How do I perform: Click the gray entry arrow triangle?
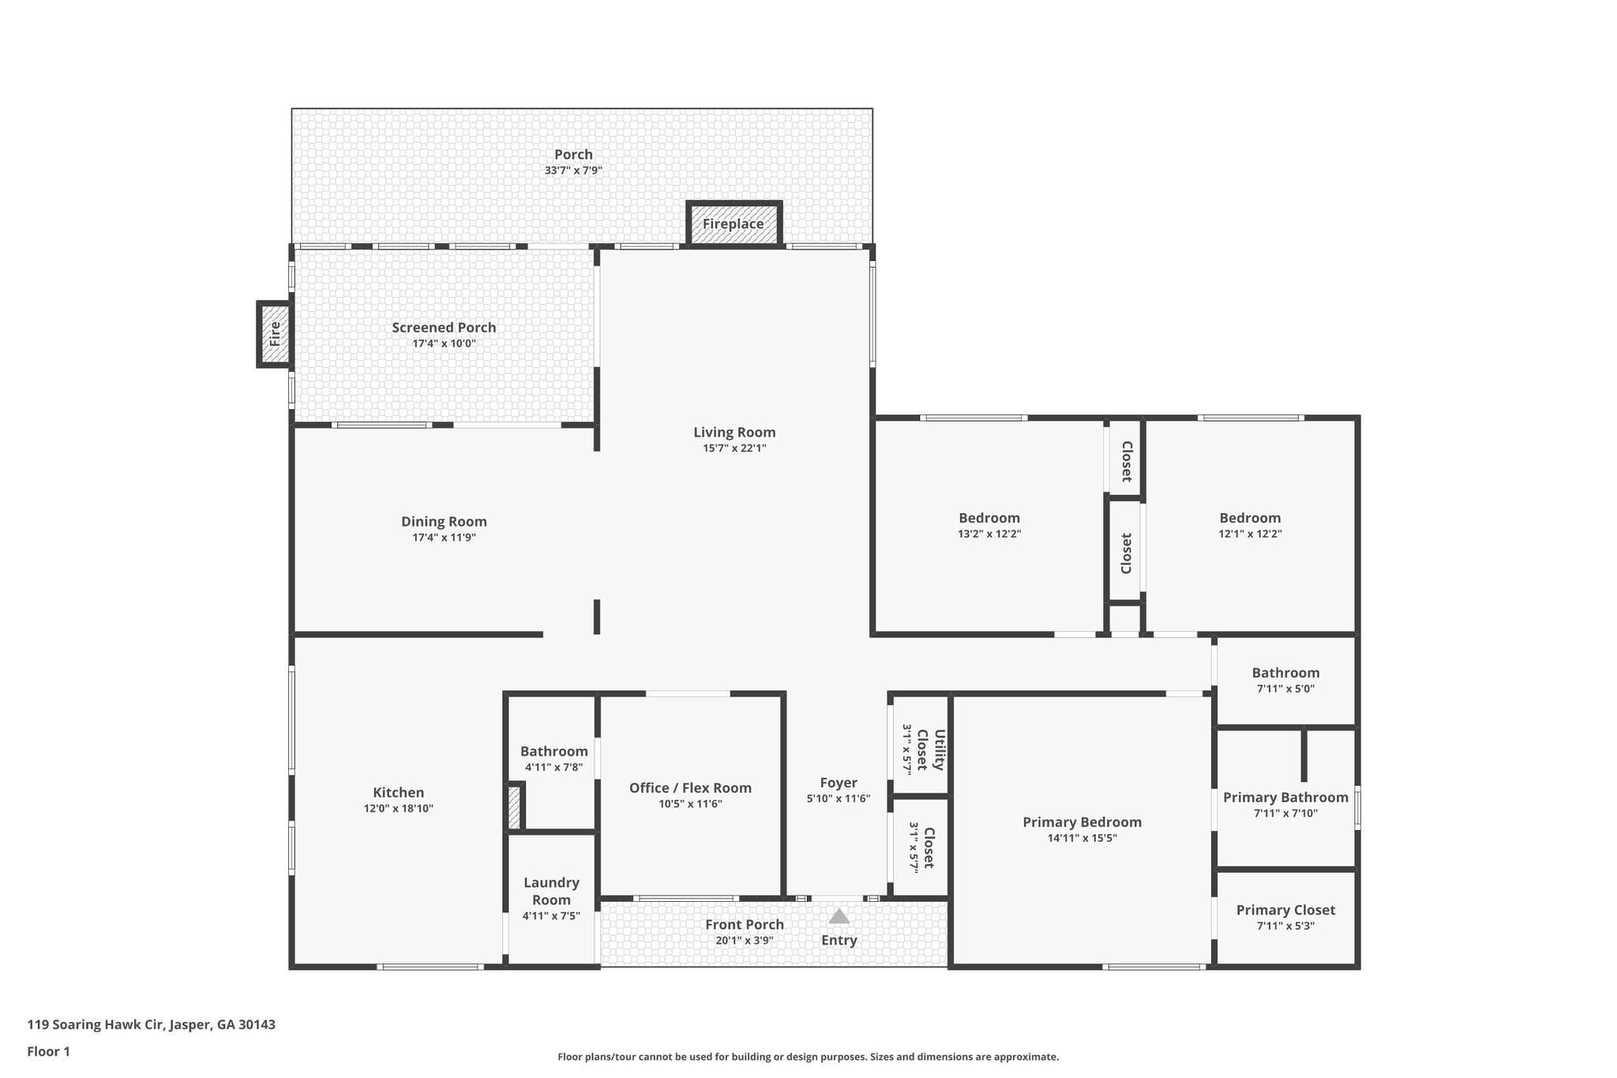pyautogui.click(x=839, y=917)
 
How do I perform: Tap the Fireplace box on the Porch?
pyautogui.click(x=733, y=223)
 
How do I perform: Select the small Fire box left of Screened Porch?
pyautogui.click(x=275, y=334)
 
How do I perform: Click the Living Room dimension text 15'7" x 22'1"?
pyautogui.click(x=734, y=449)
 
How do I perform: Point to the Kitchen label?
pyautogui.click(x=398, y=793)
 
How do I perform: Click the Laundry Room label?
pyautogui.click(x=551, y=892)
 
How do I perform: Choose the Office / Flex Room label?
pyautogui.click(x=690, y=788)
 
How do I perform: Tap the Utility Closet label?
pyautogui.click(x=930, y=749)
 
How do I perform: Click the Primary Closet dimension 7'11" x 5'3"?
pyautogui.click(x=1285, y=926)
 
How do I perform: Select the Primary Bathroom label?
pyautogui.click(x=1285, y=798)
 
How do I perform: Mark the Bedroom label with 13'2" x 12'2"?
pyautogui.click(x=989, y=518)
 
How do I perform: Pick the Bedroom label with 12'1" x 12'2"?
pyautogui.click(x=1250, y=518)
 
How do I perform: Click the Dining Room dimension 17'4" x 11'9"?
pyautogui.click(x=444, y=538)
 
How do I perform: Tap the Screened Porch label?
pyautogui.click(x=444, y=328)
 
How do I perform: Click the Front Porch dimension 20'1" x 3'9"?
pyautogui.click(x=745, y=941)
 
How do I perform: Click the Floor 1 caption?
pyautogui.click(x=48, y=1051)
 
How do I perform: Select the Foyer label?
pyautogui.click(x=838, y=783)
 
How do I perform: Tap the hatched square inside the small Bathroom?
pyautogui.click(x=514, y=807)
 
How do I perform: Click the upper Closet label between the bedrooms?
pyautogui.click(x=1126, y=461)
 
